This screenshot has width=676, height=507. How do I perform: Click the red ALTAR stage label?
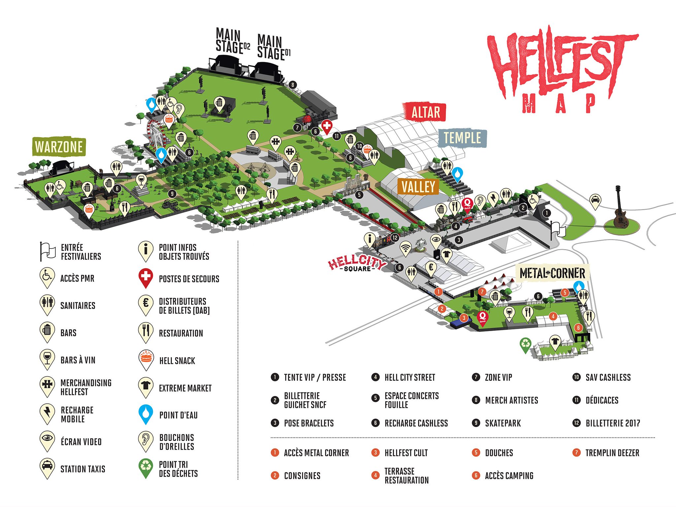tap(425, 112)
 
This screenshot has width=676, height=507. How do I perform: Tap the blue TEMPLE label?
tap(462, 138)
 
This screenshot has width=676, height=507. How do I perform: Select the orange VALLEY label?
tap(418, 187)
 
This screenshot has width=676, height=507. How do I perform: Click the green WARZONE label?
tap(59, 147)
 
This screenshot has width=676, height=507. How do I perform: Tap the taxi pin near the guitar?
tap(595, 200)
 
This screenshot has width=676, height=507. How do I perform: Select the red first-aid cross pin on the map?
tap(326, 126)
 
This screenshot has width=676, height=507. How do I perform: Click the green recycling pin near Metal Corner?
tap(525, 344)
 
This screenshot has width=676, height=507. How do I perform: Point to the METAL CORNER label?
tap(552, 273)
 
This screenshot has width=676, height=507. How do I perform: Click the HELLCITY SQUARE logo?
tap(357, 264)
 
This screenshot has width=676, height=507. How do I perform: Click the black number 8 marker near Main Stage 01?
tap(292, 85)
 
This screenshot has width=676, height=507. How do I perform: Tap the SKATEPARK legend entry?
tap(502, 423)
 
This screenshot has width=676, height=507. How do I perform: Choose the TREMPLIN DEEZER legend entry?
tap(612, 453)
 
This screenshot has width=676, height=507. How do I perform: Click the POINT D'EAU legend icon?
tap(146, 413)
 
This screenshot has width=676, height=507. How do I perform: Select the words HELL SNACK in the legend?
tap(177, 361)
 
